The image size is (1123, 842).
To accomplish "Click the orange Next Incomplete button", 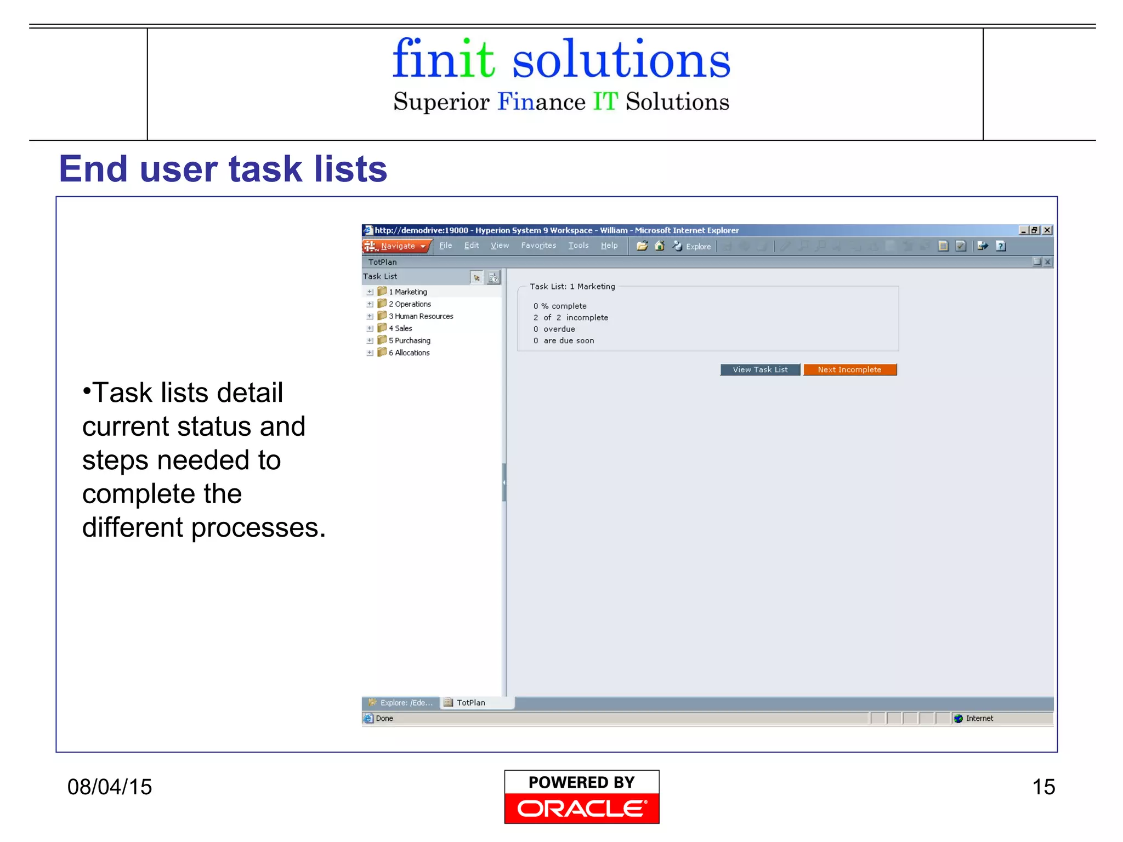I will [x=849, y=369].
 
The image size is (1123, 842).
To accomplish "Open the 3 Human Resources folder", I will [x=421, y=316].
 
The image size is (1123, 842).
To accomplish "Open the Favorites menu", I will [x=538, y=246].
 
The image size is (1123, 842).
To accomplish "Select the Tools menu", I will [x=578, y=246].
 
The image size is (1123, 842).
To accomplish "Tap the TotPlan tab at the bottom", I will [x=470, y=703].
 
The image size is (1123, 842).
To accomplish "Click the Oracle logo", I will [x=581, y=807].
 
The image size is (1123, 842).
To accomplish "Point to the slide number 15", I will [x=1043, y=787].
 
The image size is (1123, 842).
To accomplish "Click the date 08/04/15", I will [x=110, y=787].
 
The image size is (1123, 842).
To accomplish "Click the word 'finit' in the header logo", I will [x=443, y=59].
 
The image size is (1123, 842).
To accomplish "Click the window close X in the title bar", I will [x=1047, y=230].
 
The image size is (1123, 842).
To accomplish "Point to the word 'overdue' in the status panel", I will [x=559, y=329].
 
